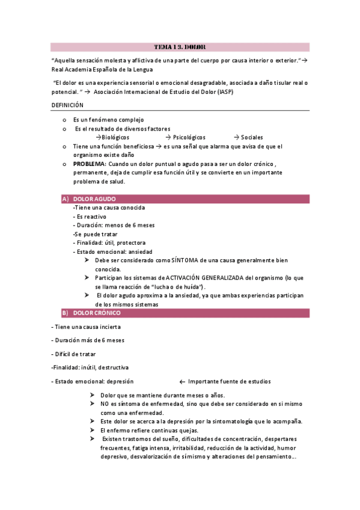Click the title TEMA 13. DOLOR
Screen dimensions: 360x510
tap(180, 46)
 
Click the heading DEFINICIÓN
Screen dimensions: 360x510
tap(67, 105)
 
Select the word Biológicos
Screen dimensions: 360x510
tap(115, 137)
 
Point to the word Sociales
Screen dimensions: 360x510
tap(251, 137)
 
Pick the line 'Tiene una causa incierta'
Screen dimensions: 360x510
tap(86, 327)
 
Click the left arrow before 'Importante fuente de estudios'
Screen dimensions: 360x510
tap(182, 381)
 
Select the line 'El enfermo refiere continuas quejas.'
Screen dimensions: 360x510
tap(148, 430)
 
